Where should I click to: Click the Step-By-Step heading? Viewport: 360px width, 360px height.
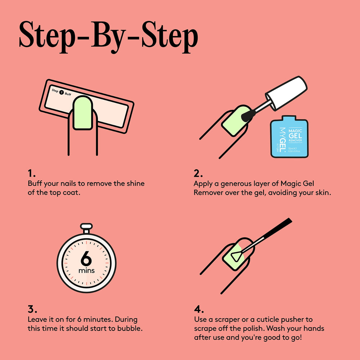[108, 37]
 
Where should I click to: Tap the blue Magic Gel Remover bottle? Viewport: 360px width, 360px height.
[289, 137]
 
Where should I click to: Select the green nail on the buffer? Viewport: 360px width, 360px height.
[83, 113]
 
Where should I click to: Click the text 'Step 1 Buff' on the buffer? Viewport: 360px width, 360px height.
[61, 92]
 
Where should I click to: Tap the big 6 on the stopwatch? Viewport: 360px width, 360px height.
[86, 258]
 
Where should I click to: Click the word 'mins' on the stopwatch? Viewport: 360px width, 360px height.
[86, 271]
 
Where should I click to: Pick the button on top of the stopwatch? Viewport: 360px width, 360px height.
[86, 228]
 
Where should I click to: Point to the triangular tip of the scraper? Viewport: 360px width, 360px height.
[236, 256]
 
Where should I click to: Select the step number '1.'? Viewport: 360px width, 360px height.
[32, 174]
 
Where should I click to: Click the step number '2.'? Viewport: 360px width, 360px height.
[198, 174]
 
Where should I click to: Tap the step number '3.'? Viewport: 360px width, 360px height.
[32, 309]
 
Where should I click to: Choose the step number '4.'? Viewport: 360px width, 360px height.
[199, 309]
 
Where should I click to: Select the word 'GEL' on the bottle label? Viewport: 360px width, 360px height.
[295, 136]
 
